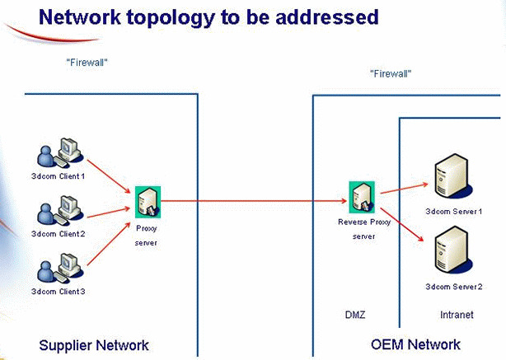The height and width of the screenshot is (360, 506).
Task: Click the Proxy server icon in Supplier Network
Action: (148, 199)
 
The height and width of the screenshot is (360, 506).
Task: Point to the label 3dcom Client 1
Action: (58, 175)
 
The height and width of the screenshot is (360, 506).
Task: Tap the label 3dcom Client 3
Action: (58, 292)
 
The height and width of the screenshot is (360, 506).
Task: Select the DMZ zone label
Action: (354, 314)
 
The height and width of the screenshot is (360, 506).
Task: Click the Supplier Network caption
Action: (94, 344)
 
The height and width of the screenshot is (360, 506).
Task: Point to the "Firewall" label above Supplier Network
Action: (87, 61)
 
